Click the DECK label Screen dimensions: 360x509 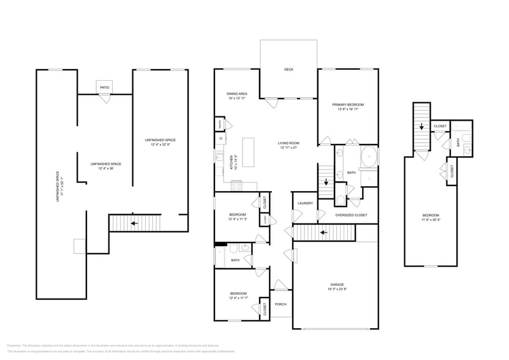pyautogui.click(x=288, y=70)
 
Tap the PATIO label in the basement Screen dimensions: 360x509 pyautogui.click(x=105, y=88)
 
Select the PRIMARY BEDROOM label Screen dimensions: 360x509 pyautogui.click(x=347, y=104)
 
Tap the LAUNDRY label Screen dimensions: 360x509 pyautogui.click(x=305, y=203)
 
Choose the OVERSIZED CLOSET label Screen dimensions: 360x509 pyautogui.click(x=351, y=216)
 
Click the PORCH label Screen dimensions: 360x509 pyautogui.click(x=281, y=304)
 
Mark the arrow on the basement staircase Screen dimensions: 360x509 pyautogui.click(x=134, y=223)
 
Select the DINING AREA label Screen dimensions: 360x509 pyautogui.click(x=237, y=94)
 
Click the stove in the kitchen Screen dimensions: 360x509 pyautogui.click(x=237, y=184)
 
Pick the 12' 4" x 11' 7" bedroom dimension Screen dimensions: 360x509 pyautogui.click(x=238, y=298)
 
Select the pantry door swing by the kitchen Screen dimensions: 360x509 pyautogui.click(x=228, y=124)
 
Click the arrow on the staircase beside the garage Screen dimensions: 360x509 pyautogui.click(x=322, y=233)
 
